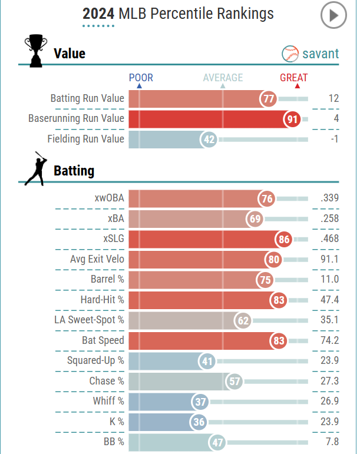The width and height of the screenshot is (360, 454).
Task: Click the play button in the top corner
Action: point(334,16)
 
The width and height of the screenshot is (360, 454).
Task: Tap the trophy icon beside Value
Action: point(35,51)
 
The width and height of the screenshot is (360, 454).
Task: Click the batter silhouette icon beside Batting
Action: point(35,168)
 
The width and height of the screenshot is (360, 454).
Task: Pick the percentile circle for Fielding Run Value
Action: point(208,139)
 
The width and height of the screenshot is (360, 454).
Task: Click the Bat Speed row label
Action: point(103,340)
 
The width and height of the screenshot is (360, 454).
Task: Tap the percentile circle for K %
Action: point(199,422)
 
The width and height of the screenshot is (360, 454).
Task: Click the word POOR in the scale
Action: point(141,78)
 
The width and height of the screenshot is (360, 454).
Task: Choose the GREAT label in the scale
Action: point(293,78)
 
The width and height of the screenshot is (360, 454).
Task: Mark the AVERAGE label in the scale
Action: point(223,78)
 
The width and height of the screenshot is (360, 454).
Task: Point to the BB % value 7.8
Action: point(331,442)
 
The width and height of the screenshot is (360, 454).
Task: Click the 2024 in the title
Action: point(98,14)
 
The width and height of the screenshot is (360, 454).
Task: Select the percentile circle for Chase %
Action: point(235,381)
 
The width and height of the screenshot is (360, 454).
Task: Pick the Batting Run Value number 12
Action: point(333,98)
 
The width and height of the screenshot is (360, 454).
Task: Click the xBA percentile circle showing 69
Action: point(255,219)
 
